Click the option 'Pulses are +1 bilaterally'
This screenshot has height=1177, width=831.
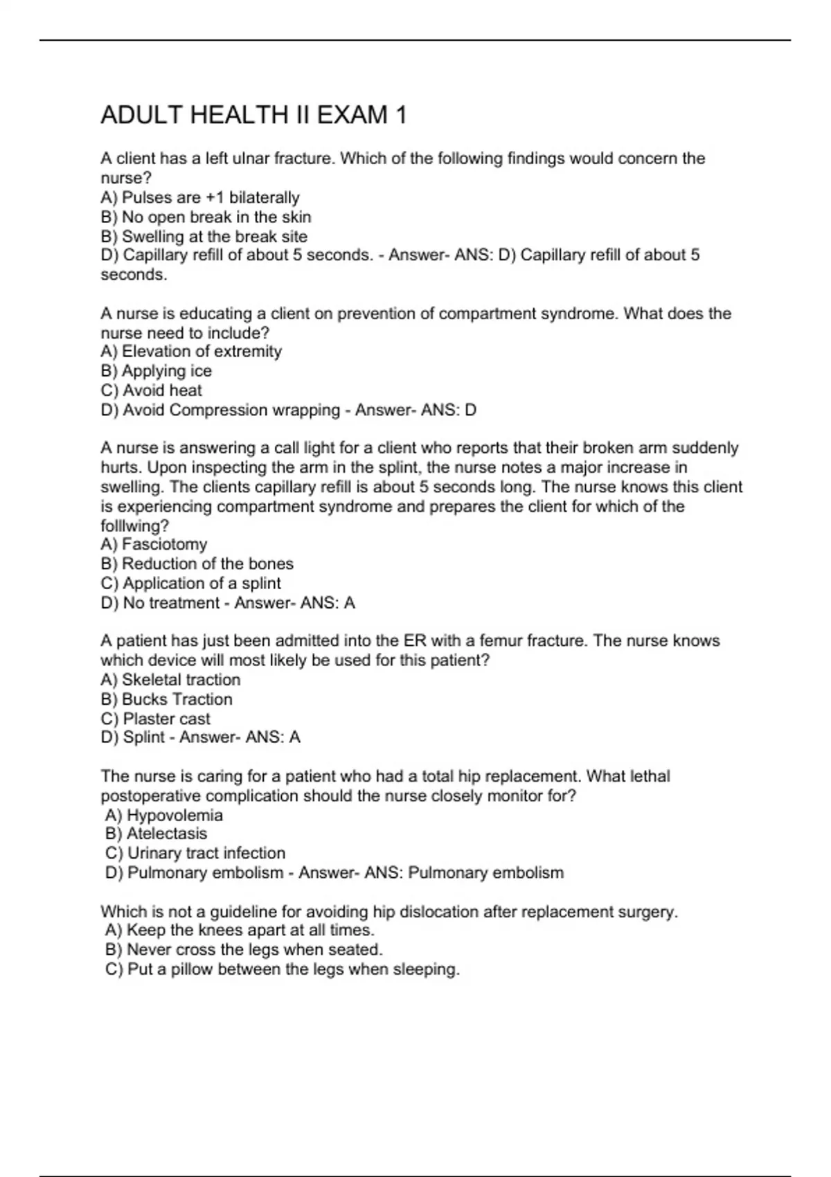(x=200, y=197)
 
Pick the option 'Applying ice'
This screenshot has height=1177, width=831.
(x=157, y=371)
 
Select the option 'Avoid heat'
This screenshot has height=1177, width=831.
(x=152, y=390)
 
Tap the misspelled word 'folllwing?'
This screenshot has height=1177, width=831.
(x=134, y=525)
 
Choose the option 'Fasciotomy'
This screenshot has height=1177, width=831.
(x=154, y=544)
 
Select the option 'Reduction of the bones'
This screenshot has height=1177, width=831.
(x=197, y=564)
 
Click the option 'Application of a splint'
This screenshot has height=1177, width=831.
(x=190, y=583)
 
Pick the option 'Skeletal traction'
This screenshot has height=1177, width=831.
(x=170, y=680)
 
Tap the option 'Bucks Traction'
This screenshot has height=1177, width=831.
(x=166, y=699)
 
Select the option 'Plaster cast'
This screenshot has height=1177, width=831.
(x=155, y=719)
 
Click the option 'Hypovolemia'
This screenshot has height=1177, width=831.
(x=164, y=815)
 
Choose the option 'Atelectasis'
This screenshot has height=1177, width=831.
(x=156, y=834)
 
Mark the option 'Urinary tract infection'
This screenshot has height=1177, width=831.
(x=195, y=853)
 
